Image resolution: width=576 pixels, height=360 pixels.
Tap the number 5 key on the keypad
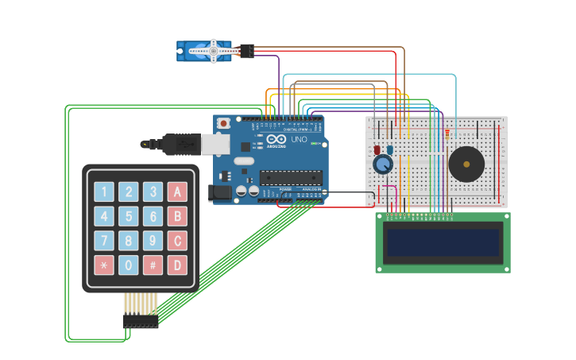coord(129,216)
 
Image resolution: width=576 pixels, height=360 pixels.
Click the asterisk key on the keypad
coord(104,265)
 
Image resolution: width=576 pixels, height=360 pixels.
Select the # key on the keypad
coord(153,265)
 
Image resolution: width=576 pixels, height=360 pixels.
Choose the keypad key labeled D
coord(178,265)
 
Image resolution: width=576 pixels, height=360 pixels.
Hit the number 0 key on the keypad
coord(129,265)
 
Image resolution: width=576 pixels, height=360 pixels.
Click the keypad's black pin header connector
coord(141,320)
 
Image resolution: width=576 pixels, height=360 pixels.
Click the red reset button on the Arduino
coord(224,123)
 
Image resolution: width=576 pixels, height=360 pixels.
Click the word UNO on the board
coord(299,140)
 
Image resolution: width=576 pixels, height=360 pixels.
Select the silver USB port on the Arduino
coord(213,143)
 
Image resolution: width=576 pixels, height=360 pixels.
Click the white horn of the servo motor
coord(212,51)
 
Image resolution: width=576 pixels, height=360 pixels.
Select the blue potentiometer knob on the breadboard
coord(383,165)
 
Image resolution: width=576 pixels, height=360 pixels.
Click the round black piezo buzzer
coord(466,165)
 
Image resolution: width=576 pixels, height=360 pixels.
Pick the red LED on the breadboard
coord(377,149)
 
